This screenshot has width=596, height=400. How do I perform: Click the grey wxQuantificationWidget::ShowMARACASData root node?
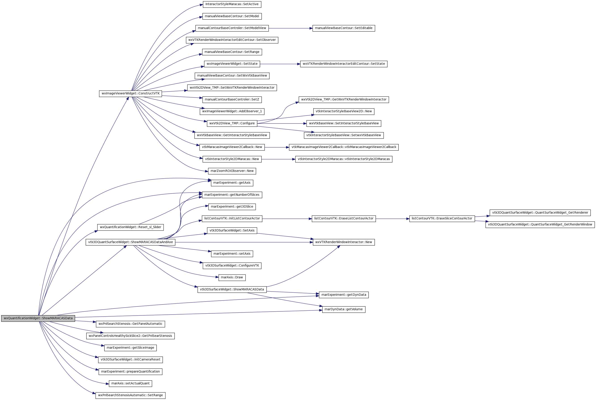tap(38, 318)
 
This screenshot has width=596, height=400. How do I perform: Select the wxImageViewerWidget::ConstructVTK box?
tap(131, 94)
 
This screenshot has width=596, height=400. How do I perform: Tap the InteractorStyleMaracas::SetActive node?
tap(232, 4)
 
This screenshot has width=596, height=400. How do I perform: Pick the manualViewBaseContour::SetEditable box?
tap(344, 28)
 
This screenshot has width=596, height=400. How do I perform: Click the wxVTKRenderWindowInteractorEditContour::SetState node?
tap(344, 64)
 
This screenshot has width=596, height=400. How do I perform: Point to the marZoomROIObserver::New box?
tap(232, 171)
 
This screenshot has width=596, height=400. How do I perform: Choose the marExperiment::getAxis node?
tap(232, 183)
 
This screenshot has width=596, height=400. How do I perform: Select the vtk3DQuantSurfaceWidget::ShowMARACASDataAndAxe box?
tap(131, 242)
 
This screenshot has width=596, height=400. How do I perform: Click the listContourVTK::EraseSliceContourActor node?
tap(442, 219)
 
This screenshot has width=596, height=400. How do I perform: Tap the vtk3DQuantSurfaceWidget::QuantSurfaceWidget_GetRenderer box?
tap(540, 213)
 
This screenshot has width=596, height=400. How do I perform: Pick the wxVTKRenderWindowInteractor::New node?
tap(344, 242)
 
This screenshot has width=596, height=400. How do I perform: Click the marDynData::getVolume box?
tap(344, 309)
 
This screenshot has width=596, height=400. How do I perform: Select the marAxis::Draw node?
tap(232, 277)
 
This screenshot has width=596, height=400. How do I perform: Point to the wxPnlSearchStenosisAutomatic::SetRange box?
tap(131, 395)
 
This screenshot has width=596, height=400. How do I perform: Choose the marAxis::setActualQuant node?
tap(131, 383)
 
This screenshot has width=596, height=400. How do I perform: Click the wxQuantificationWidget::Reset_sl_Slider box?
tap(131, 227)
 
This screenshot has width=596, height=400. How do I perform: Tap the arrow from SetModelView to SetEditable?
tap(291, 28)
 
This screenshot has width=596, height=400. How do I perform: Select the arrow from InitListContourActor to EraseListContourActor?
tap(287, 219)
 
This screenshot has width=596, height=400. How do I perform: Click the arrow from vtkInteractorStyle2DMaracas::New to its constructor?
tap(278, 159)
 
